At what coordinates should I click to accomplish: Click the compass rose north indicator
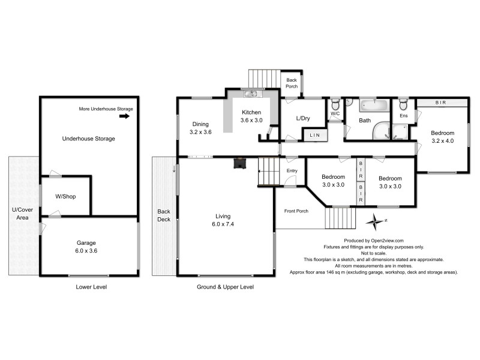tap(376, 222)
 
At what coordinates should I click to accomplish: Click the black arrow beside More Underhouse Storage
tap(125, 116)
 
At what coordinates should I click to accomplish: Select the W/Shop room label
tap(65, 196)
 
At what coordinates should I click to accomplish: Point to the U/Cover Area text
tap(21, 213)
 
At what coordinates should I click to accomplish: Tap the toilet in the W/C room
tap(336, 103)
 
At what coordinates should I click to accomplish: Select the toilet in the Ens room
tap(404, 103)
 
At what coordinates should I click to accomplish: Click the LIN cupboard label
tap(315, 136)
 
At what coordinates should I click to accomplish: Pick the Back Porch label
tap(292, 83)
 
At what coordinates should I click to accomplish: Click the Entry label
tap(292, 171)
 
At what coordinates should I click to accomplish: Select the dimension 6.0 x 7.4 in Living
tap(223, 224)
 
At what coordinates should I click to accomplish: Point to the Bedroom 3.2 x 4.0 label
tap(442, 137)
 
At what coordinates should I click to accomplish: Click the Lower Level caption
tap(91, 287)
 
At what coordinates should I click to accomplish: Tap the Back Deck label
tap(164, 215)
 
